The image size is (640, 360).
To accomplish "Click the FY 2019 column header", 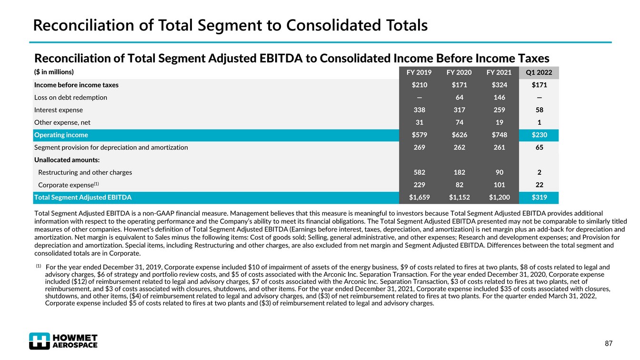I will pyautogui.click(x=419, y=73).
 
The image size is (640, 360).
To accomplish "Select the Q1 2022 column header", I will pyautogui.click(x=539, y=73).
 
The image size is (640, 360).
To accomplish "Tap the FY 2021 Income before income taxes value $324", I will pyautogui.click(x=499, y=85).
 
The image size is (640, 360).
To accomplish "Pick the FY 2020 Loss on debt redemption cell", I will pyautogui.click(x=459, y=98).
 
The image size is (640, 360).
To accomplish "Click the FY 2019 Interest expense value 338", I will pyautogui.click(x=419, y=110).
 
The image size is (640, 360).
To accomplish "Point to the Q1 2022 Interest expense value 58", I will pyautogui.click(x=539, y=110).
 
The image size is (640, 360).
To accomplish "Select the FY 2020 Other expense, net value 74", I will pyautogui.click(x=459, y=122).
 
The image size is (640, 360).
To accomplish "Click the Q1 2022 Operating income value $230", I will pyautogui.click(x=539, y=135).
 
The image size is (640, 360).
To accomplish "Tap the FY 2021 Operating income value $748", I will pyautogui.click(x=499, y=135).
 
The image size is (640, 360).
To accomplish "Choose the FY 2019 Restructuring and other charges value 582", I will pyautogui.click(x=419, y=172).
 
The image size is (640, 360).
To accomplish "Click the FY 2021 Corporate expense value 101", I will pyautogui.click(x=499, y=185).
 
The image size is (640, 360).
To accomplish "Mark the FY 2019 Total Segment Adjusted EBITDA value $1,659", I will pyautogui.click(x=419, y=197).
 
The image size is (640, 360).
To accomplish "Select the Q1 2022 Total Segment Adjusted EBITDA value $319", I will pyautogui.click(x=539, y=197).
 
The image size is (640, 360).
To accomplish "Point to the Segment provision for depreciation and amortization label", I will pyautogui.click(x=111, y=148).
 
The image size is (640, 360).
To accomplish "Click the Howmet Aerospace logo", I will pyautogui.click(x=63, y=340).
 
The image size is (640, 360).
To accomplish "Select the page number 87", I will pyautogui.click(x=608, y=344).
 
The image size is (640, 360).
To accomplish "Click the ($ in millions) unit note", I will pyautogui.click(x=54, y=72).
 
